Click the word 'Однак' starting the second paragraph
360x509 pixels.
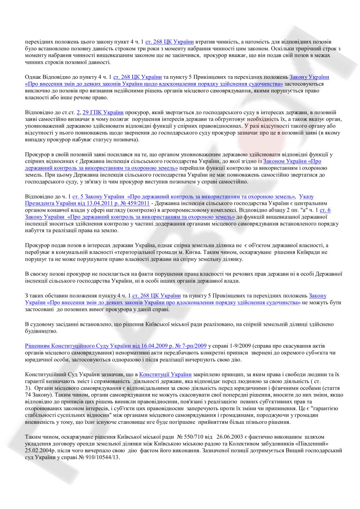tap(33, 77)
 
